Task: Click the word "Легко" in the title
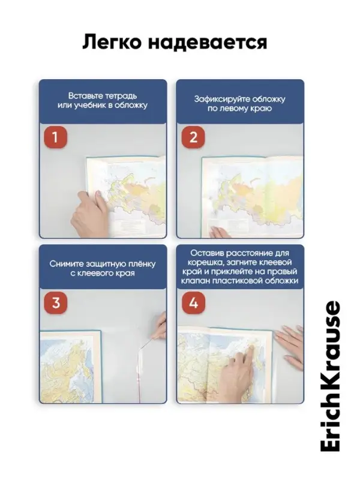click(x=112, y=42)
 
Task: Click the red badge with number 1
click(x=55, y=137)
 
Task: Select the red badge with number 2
click(x=193, y=137)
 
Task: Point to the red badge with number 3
click(x=56, y=303)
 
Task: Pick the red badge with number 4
click(x=193, y=303)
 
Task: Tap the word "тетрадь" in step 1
click(x=121, y=96)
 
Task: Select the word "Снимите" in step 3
click(x=66, y=264)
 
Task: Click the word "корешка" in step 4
click(x=202, y=263)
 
